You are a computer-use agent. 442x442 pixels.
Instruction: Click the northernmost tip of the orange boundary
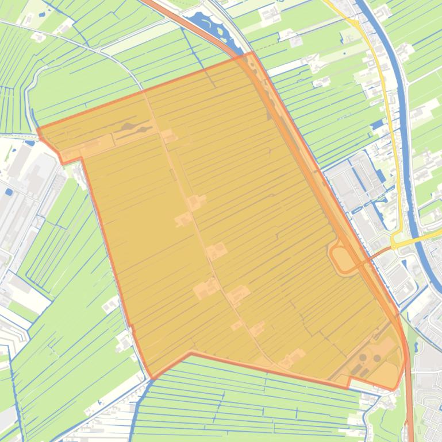pos(251,53)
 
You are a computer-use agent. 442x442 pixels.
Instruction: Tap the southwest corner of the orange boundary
pos(152,378)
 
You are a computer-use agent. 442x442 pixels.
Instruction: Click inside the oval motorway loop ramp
pos(342,259)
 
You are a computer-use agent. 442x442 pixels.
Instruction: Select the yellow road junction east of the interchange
pos(396,244)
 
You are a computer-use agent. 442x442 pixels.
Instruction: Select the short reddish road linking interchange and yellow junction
pos(380,253)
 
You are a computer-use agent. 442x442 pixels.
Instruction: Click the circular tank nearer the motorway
pos(377,358)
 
